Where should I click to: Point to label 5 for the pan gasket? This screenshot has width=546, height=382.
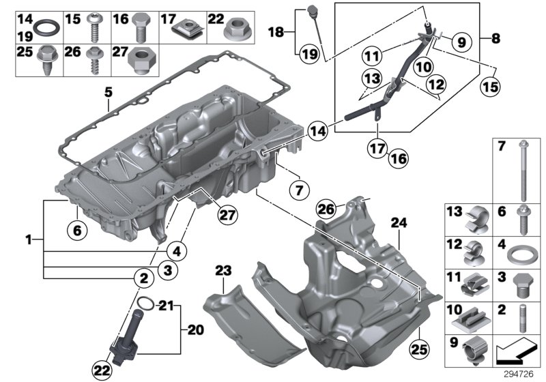pos(108,91)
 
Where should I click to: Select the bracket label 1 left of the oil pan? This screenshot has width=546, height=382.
pos(29,240)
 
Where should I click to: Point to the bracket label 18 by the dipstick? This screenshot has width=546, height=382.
pos(275,32)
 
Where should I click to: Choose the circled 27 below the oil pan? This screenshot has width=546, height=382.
pos(227,215)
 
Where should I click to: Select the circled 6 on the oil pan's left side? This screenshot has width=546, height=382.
pos(77,231)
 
